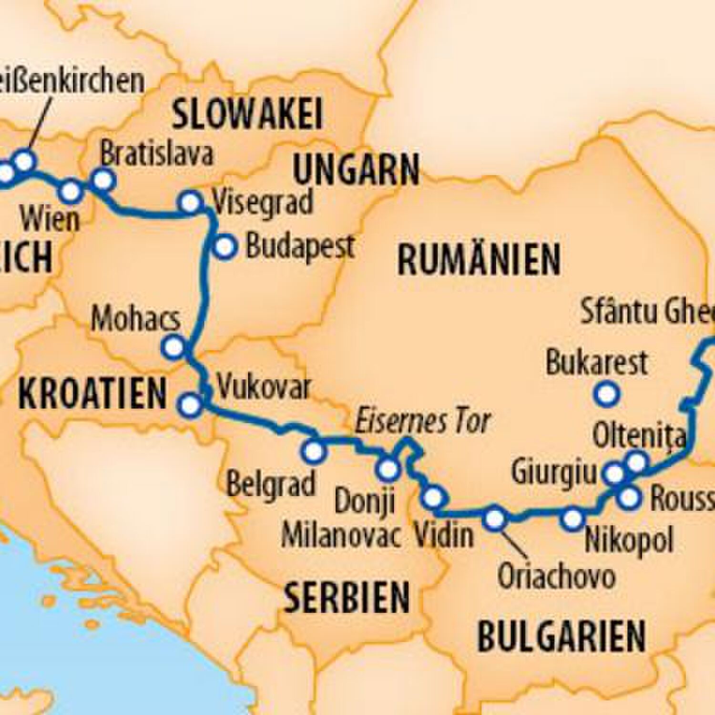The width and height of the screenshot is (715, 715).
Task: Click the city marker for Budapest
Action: click(x=225, y=247)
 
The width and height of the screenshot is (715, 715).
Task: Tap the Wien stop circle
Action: click(x=71, y=192)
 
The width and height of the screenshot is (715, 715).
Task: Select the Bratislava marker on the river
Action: click(x=103, y=180)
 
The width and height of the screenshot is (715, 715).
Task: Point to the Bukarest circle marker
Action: click(x=607, y=394)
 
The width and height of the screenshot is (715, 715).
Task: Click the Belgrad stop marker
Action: click(x=314, y=451)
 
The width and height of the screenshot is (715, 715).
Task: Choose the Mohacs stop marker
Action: click(x=174, y=347)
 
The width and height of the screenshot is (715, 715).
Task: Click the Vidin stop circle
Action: click(x=433, y=498)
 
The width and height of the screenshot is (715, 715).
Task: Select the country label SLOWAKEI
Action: click(x=247, y=114)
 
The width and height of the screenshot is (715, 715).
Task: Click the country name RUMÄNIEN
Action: click(x=479, y=260)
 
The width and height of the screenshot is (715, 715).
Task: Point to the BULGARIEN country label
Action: click(x=561, y=636)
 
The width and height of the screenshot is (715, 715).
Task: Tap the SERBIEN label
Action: click(x=347, y=598)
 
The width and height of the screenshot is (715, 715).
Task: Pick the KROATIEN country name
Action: click(x=92, y=394)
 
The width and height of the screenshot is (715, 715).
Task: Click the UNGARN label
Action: click(x=356, y=170)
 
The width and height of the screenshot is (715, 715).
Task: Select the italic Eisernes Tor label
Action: click(x=423, y=421)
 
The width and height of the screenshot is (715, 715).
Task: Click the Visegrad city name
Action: click(x=263, y=202)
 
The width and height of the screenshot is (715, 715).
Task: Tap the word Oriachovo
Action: click(x=556, y=577)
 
